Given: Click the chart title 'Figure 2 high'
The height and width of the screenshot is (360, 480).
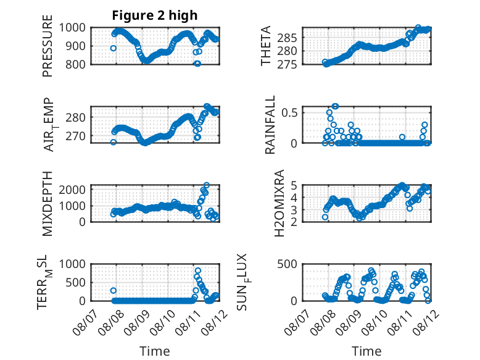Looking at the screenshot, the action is [x=155, y=15].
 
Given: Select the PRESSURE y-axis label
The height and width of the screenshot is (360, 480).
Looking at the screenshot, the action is [x=48, y=46].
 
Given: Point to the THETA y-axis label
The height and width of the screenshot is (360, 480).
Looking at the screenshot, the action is [x=266, y=46].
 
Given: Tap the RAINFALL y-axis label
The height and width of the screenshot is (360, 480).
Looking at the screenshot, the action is [x=270, y=125].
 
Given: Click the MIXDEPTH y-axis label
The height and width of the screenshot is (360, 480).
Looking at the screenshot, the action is [x=48, y=204].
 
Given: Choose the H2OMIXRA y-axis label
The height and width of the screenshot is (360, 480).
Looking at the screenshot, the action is [x=279, y=203].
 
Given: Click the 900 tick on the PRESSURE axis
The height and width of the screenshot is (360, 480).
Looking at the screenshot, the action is [x=75, y=46].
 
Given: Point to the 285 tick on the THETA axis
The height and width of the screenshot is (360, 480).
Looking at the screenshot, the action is [x=287, y=38].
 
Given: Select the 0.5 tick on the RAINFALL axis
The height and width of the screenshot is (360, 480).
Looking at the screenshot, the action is [x=289, y=112].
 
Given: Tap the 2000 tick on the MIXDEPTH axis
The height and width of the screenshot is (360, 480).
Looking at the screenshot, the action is [x=72, y=190].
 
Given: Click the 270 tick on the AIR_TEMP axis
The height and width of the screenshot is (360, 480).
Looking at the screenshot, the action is [x=75, y=136].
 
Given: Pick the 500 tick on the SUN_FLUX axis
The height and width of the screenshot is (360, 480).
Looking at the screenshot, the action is [x=287, y=264].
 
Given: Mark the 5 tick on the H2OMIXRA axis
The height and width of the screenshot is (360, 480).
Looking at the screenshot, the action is [x=294, y=185].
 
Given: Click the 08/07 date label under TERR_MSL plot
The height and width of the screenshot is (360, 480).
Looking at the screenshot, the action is [x=86, y=322].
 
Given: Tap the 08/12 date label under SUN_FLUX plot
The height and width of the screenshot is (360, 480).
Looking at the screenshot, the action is [x=425, y=322].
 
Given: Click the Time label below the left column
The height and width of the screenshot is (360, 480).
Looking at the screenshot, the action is [x=155, y=351].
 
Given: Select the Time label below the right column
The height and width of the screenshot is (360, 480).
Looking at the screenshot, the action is [x=366, y=351].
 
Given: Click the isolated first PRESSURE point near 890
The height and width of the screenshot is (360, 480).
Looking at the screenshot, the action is [x=114, y=48].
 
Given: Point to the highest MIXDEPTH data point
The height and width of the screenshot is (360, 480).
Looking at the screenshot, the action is [x=207, y=185].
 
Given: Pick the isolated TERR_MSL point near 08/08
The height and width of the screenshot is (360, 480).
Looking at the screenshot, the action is [x=114, y=290].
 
